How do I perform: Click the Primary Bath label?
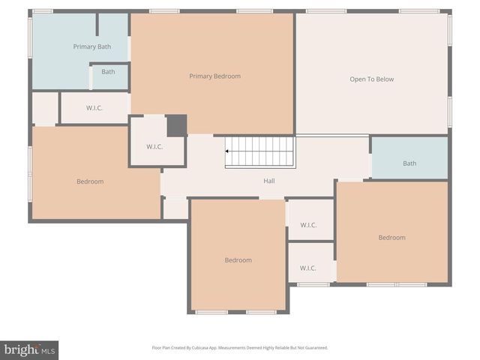click(91, 46)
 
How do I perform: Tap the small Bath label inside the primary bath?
click(108, 72)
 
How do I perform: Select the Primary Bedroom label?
click(214, 76)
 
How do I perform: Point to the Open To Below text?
click(371, 79)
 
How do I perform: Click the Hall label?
click(268, 181)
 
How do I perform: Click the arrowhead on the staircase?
click(228, 151)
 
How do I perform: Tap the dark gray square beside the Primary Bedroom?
click(176, 125)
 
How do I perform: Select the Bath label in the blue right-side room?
click(409, 163)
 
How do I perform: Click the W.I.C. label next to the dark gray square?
click(154, 146)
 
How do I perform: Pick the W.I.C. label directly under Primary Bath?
click(94, 108)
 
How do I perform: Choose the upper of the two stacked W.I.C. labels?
click(308, 224)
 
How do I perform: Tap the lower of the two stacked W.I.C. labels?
click(308, 268)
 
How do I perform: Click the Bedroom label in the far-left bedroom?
click(90, 181)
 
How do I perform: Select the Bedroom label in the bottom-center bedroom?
click(238, 260)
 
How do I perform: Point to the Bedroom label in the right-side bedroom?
click(391, 238)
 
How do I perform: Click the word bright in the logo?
click(19, 349)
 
